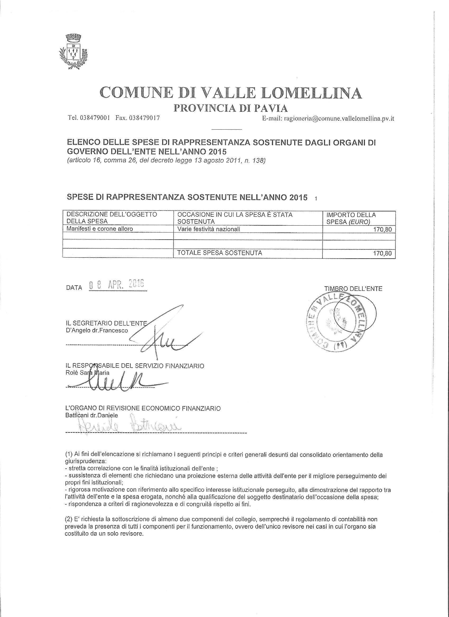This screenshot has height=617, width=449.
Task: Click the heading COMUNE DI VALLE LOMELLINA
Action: pos(231,93)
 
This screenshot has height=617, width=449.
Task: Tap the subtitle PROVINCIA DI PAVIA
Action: pos(231,108)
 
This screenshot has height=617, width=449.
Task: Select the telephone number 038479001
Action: pos(95,118)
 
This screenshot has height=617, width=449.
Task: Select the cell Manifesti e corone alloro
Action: pos(100,229)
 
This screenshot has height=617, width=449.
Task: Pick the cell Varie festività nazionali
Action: pos(209,229)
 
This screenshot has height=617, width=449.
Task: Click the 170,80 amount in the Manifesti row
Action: pos(383,230)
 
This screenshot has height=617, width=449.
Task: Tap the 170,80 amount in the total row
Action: pos(383,254)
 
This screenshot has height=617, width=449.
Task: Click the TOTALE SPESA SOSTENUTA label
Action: pos(219,253)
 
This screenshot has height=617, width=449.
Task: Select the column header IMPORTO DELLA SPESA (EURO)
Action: pos(351,218)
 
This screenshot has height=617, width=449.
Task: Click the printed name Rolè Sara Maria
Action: pos(87,373)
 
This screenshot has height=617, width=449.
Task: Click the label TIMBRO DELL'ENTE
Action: pos(353,289)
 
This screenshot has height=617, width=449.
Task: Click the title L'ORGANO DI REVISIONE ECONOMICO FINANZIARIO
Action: pos(143,408)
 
